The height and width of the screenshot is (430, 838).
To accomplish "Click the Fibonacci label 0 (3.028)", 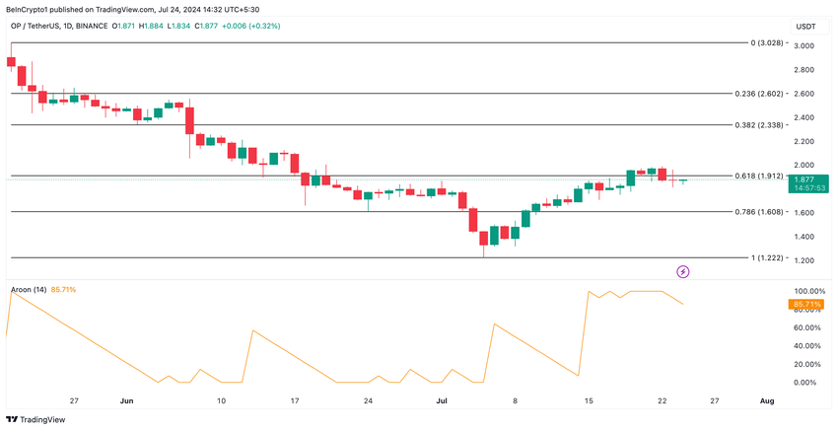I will [766, 43].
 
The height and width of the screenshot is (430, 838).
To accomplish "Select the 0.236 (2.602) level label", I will [760, 94].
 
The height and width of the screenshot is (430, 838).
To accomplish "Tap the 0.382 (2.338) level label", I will [760, 125].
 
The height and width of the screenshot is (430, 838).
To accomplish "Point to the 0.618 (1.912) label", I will [760, 176].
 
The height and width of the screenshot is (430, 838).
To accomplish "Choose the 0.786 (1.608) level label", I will [760, 211].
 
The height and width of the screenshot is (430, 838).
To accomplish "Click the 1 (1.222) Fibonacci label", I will [765, 257].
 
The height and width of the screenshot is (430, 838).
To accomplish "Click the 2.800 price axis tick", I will [804, 70].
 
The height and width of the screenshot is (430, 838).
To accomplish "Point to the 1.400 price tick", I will [804, 237].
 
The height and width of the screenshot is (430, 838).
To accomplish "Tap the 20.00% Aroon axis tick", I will [806, 364].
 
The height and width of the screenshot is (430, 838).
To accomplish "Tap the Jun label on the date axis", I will [126, 401].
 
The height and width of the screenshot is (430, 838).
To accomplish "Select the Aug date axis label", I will [767, 401].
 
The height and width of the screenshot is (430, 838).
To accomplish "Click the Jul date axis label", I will [442, 401].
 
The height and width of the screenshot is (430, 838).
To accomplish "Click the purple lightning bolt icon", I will [682, 270].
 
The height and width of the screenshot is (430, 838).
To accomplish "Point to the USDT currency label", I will [805, 27].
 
